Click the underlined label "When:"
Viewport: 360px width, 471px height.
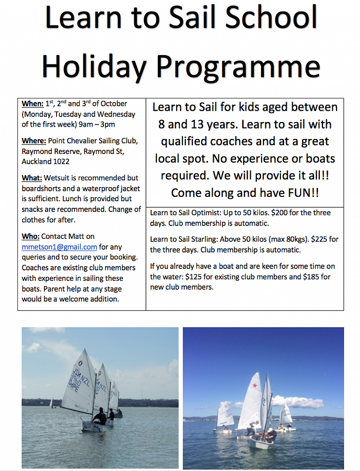[x=33, y=104]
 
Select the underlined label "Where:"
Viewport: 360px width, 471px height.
[x=34, y=141]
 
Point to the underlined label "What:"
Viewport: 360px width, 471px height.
[x=32, y=178]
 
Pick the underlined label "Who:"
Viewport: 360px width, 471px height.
[x=31, y=236]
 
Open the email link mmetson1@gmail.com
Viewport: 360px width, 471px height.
[x=59, y=247]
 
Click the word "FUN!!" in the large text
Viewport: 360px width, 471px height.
[x=295, y=193]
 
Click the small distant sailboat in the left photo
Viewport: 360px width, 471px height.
[x=51, y=403]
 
